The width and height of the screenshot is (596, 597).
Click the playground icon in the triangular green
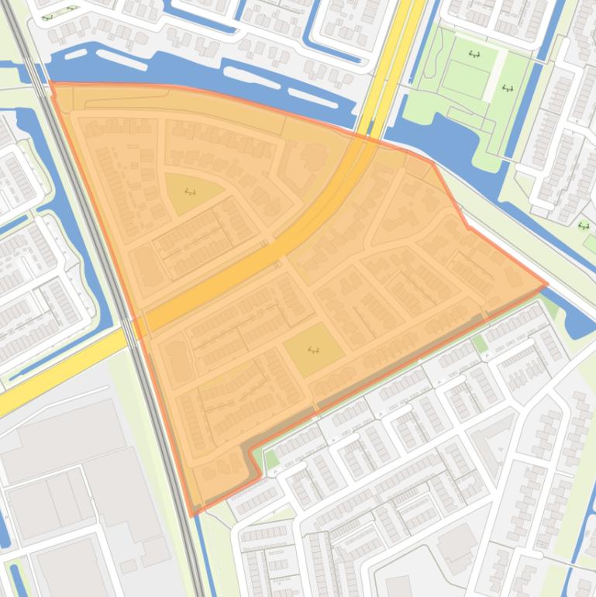click(191, 192)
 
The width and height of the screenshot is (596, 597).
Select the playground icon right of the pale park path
click(508, 88)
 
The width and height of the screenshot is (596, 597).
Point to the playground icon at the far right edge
click(583, 226)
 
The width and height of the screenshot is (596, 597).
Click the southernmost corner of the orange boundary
click(193, 514)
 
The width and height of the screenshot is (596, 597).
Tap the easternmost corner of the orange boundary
click(547, 284)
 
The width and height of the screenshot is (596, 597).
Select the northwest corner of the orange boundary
click(50, 82)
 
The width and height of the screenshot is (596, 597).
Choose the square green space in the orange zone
click(314, 349)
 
